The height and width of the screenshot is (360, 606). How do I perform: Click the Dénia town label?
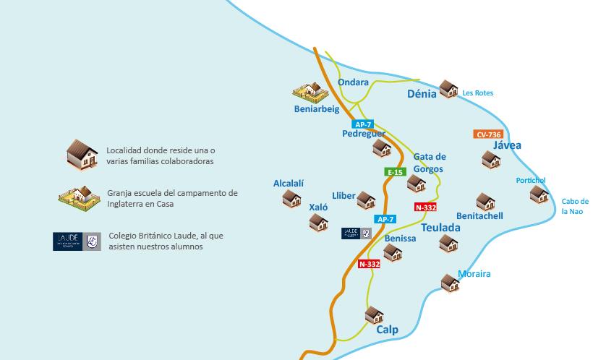pyautogui.click(x=422, y=93)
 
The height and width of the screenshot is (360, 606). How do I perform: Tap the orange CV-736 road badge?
pyautogui.click(x=488, y=134)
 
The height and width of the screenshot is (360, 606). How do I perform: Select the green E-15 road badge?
pyautogui.click(x=395, y=172)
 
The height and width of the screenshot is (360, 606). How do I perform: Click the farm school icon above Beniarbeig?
pyautogui.click(x=312, y=92)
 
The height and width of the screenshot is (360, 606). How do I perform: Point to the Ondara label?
pyautogui.click(x=353, y=82)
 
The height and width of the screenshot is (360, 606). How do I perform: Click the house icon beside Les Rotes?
pyautogui.click(x=448, y=89)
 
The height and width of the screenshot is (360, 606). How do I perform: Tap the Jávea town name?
pyautogui.click(x=506, y=145)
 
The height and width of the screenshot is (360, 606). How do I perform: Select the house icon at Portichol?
pyautogui.click(x=538, y=194)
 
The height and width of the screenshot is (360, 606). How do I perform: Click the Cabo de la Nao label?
pyautogui.click(x=576, y=206)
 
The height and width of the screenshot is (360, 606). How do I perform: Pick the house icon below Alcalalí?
pyautogui.click(x=291, y=198)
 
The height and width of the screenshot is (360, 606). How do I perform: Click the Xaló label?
pyautogui.click(x=318, y=207)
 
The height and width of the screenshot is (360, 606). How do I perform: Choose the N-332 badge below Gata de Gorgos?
pyautogui.click(x=425, y=207)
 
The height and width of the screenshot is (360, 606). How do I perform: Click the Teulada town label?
pyautogui.click(x=440, y=228)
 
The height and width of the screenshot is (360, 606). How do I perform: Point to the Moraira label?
pyautogui.click(x=474, y=274)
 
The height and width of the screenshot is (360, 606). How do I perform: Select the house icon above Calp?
pyautogui.click(x=373, y=315)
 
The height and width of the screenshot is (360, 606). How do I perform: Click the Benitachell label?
pyautogui.click(x=479, y=216)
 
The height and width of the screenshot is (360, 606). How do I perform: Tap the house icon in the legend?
pyautogui.click(x=82, y=154)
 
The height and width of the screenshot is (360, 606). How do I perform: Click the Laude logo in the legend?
pyautogui.click(x=76, y=241)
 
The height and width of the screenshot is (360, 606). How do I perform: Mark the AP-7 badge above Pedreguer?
pyautogui.click(x=362, y=124)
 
